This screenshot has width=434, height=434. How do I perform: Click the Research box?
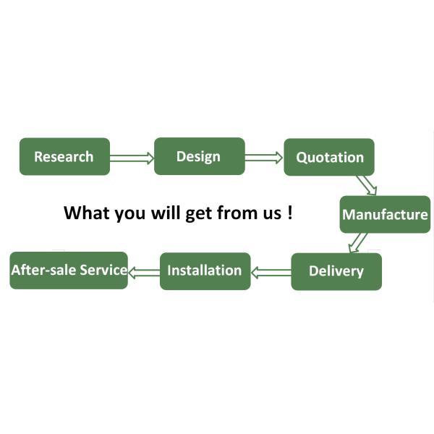click(64, 156)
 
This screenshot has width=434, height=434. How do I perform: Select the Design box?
click(199, 156)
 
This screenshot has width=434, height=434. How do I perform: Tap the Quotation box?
click(329, 157)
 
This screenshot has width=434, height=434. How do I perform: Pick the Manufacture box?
click(385, 215)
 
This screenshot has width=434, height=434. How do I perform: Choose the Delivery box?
click(336, 271)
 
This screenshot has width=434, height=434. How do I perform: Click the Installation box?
click(205, 271)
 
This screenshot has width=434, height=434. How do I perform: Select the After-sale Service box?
click(69, 271)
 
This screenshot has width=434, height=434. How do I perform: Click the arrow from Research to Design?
click(132, 157)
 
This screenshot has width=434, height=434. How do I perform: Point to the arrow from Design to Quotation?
click(264, 157)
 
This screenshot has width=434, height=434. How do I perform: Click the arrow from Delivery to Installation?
click(271, 272)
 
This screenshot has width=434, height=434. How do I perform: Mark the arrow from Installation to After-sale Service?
click(143, 271)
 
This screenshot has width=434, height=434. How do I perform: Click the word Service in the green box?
click(103, 271)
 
